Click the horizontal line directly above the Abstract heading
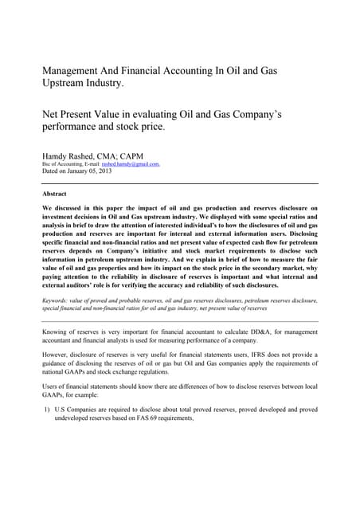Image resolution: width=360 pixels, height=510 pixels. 179,183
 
